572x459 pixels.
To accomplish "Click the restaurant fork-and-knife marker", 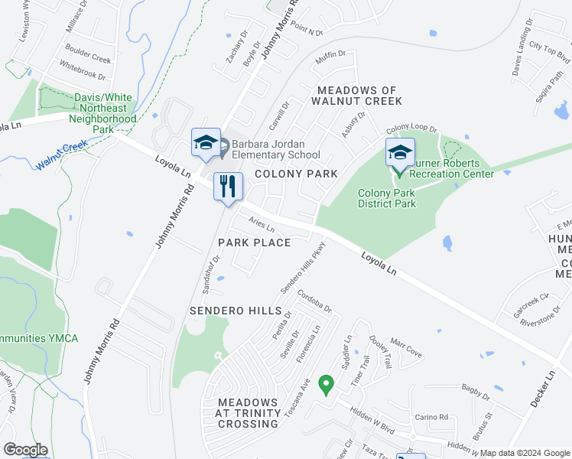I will coord(228,187).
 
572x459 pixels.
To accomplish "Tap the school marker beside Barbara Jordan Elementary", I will coord(206,143).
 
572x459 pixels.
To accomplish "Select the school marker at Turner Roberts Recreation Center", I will coord(400,154).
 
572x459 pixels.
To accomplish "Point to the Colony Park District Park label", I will coord(387,199).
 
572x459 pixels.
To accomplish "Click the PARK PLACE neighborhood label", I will coord(254,243).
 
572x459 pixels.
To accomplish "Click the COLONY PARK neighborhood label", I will coord(296,174).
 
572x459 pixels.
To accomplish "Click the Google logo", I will coord(25,450).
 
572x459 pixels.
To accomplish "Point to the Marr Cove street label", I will coord(406,348).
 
